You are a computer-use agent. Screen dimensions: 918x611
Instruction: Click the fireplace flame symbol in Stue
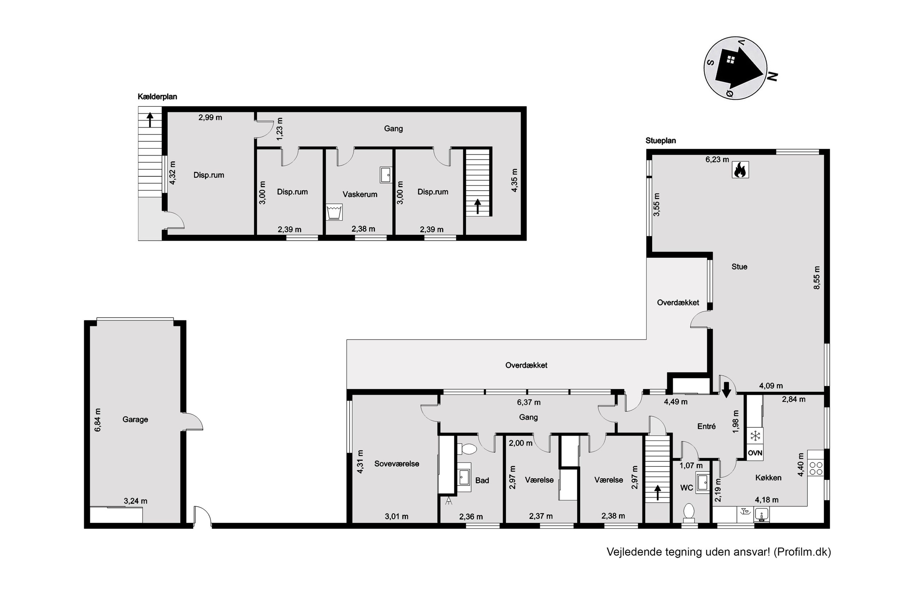tap(740, 170)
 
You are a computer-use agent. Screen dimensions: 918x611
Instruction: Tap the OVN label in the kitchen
tap(755, 453)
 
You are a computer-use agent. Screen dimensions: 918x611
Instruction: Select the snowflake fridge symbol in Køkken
tap(755, 436)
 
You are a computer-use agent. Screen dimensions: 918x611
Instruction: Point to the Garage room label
tap(135, 419)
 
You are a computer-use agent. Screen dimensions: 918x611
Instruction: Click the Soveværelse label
tap(397, 464)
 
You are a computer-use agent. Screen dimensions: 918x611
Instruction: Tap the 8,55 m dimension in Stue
tap(817, 277)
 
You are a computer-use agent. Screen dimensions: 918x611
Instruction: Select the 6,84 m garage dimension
tap(97, 420)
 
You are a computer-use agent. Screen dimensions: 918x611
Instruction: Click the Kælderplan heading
tap(157, 97)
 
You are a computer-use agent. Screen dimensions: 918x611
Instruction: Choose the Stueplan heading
tap(661, 141)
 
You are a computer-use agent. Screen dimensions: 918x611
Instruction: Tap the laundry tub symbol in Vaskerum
tap(334, 212)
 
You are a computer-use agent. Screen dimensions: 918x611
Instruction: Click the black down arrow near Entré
tap(726, 390)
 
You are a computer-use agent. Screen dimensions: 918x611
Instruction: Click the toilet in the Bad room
tap(467, 449)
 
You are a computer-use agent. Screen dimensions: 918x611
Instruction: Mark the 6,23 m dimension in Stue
tap(717, 159)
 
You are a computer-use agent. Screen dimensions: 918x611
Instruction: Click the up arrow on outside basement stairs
tap(150, 119)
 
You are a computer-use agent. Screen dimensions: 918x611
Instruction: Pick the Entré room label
tap(706, 426)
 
